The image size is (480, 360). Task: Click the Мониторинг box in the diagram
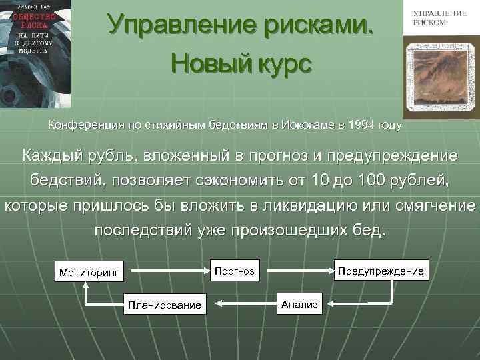tap(89, 272)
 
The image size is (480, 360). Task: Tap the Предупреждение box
tap(380, 271)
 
